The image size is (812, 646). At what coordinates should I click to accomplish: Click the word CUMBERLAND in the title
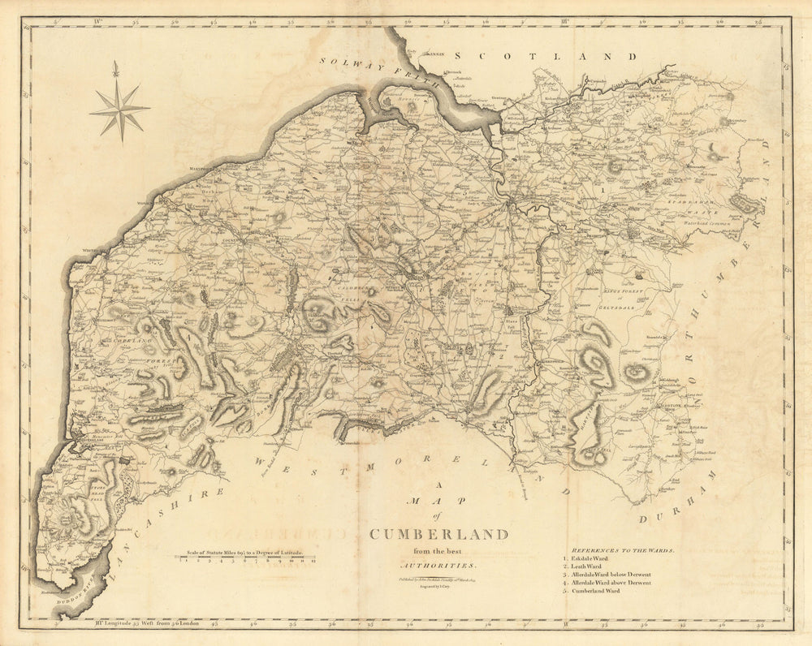coord(439,534)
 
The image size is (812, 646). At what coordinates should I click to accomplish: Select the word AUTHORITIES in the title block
coord(439,564)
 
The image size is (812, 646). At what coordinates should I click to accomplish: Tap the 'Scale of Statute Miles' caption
coord(244,552)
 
